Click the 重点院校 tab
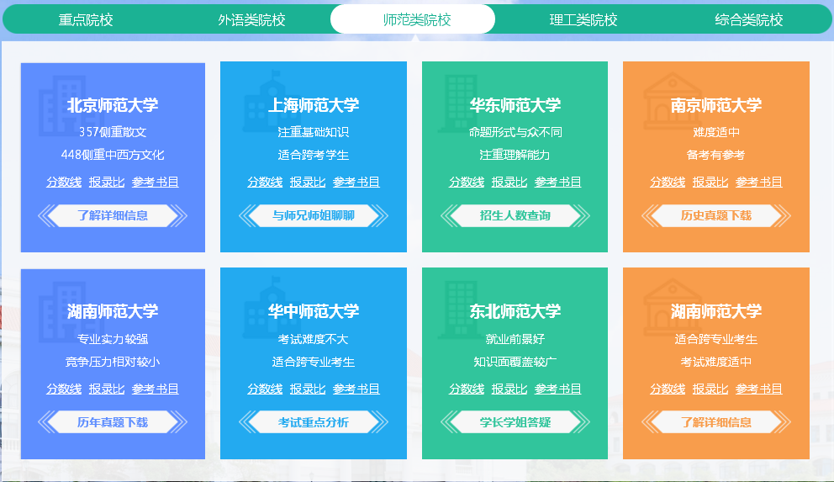click(86, 19)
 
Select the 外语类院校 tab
click(251, 19)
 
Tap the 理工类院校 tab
click(583, 19)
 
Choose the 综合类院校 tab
click(748, 19)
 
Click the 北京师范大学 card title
click(113, 105)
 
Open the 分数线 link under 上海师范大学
click(265, 182)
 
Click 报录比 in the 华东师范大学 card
click(509, 182)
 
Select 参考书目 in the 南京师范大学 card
click(758, 182)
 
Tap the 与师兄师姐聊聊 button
click(314, 215)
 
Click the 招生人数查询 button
click(515, 215)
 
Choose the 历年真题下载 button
click(113, 422)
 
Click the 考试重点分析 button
click(314, 422)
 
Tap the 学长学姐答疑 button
click(515, 422)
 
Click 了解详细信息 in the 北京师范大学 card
click(113, 215)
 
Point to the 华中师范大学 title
click(314, 311)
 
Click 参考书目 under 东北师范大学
click(557, 389)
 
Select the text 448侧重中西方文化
click(113, 155)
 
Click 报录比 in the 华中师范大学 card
click(308, 389)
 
